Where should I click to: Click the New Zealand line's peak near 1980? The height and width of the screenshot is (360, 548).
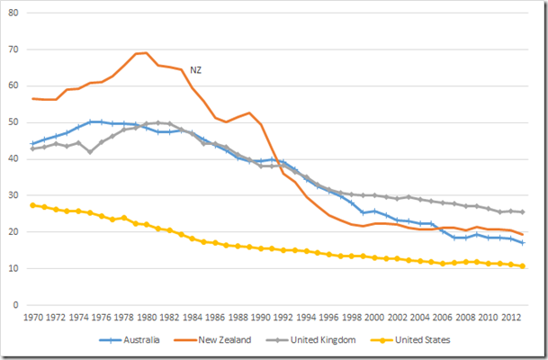pyautogui.click(x=147, y=52)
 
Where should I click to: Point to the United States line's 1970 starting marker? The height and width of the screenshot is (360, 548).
pyautogui.click(x=32, y=205)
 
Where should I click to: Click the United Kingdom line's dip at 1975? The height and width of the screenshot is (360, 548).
pyautogui.click(x=90, y=152)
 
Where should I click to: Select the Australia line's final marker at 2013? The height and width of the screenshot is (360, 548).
pyautogui.click(x=523, y=243)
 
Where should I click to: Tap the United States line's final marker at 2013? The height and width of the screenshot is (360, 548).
pyautogui.click(x=523, y=266)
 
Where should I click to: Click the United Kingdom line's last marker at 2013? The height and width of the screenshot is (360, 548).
pyautogui.click(x=523, y=212)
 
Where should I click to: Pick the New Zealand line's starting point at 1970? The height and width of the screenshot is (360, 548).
pyautogui.click(x=32, y=99)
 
